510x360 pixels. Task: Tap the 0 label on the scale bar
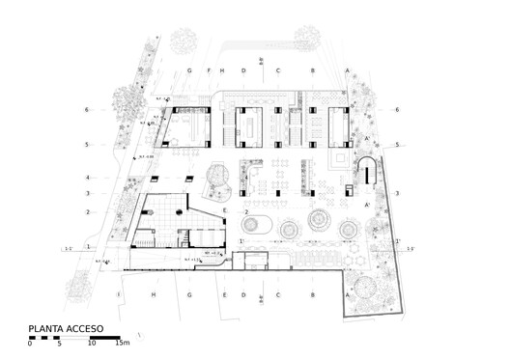coord(31,344)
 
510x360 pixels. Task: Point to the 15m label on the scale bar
coord(123,344)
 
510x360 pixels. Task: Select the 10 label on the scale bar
coord(94,344)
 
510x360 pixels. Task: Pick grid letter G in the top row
coord(191,71)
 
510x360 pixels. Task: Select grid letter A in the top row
coord(347,71)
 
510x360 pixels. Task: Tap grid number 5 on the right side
coord(397,145)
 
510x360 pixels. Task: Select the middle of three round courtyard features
coord(318,221)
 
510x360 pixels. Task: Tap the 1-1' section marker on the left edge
coord(70,249)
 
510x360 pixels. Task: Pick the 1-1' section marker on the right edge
coord(410,249)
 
